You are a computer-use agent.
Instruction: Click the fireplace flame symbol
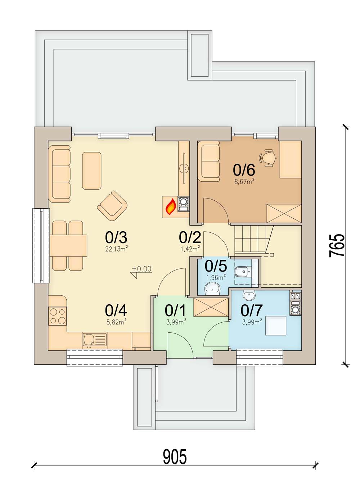[x=171, y=206]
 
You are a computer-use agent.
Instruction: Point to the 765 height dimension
[x=337, y=246]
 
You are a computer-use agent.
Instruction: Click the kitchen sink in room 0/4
[x=95, y=341]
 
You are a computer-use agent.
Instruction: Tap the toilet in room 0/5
[x=243, y=273]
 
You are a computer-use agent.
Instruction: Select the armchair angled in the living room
[x=112, y=206]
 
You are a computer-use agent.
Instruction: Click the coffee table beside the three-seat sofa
[x=92, y=170]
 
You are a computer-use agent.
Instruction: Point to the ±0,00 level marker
[x=142, y=271]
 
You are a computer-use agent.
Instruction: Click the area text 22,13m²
[x=117, y=249]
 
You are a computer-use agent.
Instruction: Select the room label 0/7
[x=252, y=310]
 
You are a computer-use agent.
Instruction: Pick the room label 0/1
[x=175, y=310]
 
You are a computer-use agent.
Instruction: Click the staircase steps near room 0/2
[x=253, y=240]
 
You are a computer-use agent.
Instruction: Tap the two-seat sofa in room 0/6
[x=209, y=161]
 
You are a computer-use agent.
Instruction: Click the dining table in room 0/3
[x=68, y=246]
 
